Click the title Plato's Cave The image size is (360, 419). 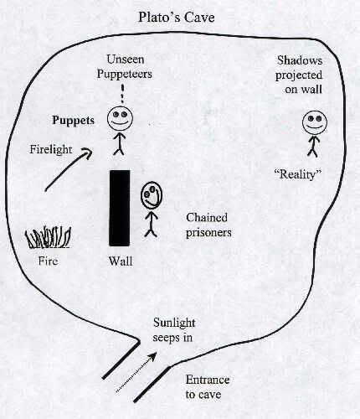click(177, 18)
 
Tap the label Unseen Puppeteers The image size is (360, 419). click(125, 67)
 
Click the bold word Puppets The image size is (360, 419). click(74, 121)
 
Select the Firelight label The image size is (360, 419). click(51, 149)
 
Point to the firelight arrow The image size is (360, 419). click(69, 170)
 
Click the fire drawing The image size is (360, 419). click(48, 237)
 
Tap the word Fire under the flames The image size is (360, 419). click(49, 261)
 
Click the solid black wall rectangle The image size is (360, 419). click(120, 208)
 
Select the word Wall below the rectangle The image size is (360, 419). click(121, 261)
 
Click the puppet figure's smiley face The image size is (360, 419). click(120, 119)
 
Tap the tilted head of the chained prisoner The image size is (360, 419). click(152, 195)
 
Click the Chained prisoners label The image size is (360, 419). click(208, 225)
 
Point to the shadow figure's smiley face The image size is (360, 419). click(315, 123)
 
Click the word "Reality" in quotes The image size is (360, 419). click(298, 174)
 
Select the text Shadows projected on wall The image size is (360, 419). click(299, 75)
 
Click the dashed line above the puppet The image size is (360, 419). click(122, 94)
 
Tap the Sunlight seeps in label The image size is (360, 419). click(174, 330)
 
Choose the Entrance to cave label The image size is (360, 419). click(208, 387)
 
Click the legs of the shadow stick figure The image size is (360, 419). click(313, 152)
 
